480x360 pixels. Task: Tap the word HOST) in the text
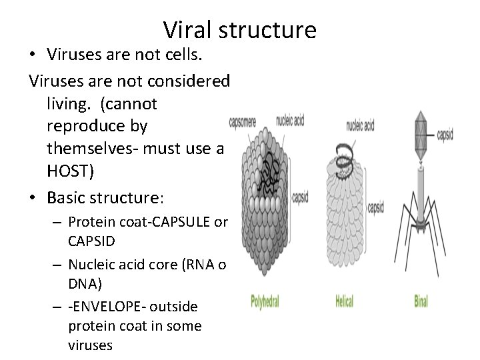pos(71,171)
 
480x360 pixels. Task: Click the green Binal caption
pos(421,302)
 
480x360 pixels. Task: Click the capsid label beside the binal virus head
pos(445,133)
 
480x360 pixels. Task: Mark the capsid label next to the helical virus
pos(376,207)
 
